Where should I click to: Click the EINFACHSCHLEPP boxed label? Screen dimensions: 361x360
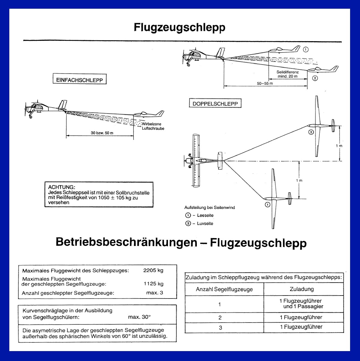79,80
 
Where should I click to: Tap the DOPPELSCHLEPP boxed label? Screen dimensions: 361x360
215,104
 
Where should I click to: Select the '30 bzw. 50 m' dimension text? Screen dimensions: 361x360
102,133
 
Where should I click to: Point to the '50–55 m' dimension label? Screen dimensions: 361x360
265,83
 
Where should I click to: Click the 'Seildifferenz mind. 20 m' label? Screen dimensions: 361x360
287,74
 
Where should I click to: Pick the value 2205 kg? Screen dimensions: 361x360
153,270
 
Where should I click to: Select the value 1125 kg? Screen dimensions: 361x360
154,284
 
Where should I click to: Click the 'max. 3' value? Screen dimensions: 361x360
155,293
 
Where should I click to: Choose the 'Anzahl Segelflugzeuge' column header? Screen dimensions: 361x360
224,290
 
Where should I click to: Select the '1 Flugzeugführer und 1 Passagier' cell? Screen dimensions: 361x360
301,304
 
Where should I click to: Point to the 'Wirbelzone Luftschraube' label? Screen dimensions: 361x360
153,126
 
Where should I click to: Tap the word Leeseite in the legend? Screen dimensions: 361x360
205,215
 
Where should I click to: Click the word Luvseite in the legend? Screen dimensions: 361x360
205,223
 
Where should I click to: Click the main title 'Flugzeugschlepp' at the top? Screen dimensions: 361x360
179,28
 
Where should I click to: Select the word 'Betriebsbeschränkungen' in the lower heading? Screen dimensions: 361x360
126,242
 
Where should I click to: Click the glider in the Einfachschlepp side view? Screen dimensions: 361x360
149,114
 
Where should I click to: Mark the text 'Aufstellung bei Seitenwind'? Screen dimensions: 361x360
209,208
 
